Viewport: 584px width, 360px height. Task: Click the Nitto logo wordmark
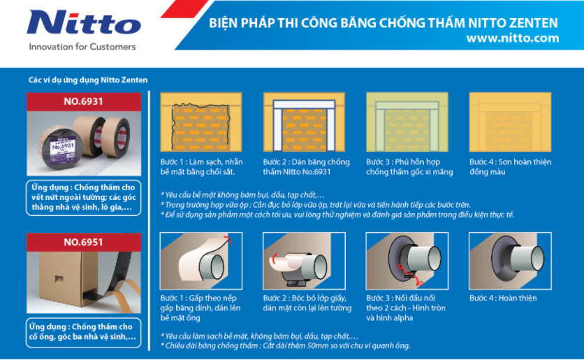point(84,22)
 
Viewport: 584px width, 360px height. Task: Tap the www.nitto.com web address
point(513,38)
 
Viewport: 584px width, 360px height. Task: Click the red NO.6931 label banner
point(84,102)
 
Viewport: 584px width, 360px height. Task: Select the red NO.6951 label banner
point(84,243)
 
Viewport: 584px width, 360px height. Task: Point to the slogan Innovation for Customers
point(82,47)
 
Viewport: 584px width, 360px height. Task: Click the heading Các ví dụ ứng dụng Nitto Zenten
point(88,80)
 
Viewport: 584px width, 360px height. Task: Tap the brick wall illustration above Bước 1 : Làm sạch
point(201,122)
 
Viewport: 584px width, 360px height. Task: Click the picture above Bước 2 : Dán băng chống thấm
point(304,122)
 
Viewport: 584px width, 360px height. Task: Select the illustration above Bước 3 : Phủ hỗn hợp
point(407,122)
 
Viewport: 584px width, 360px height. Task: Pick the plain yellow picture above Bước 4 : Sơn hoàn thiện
point(510,122)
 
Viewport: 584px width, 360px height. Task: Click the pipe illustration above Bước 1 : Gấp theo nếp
point(201,261)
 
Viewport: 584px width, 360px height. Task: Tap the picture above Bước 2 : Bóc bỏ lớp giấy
point(304,261)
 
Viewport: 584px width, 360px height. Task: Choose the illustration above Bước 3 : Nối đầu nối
point(407,261)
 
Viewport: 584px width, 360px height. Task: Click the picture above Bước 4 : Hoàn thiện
point(510,261)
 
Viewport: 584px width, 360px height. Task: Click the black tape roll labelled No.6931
point(61,148)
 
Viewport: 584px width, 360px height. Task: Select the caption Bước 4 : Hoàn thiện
point(503,298)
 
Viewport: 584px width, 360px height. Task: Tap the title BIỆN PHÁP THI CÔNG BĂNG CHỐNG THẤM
point(337,23)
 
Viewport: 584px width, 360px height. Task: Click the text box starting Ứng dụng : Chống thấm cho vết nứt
point(83,198)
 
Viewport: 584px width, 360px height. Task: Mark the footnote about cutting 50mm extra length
point(285,345)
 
